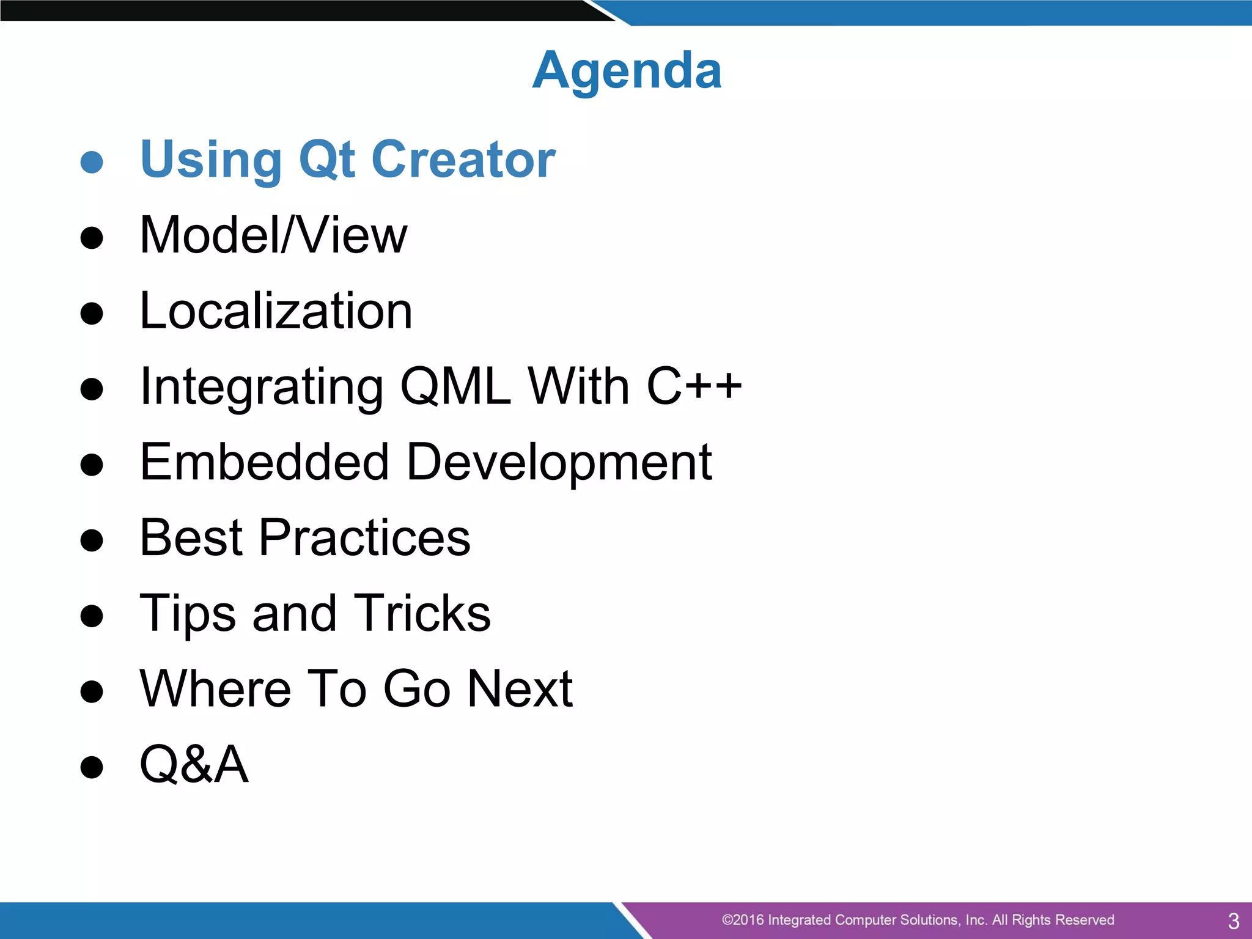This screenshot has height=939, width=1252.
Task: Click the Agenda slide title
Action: [x=627, y=71]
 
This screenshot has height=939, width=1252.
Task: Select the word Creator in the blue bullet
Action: [x=463, y=160]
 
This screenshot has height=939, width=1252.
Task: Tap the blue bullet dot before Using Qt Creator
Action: [x=92, y=162]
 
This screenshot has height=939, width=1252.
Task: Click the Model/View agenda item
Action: [x=273, y=235]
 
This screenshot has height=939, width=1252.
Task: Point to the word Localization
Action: [x=276, y=311]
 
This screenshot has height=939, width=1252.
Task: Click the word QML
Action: [x=455, y=386]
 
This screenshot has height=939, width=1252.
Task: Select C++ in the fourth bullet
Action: [x=694, y=386]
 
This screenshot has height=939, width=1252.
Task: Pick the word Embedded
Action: [x=264, y=462]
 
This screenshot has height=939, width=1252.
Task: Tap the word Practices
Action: [x=364, y=537]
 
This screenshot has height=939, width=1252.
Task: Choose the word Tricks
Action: [x=422, y=613]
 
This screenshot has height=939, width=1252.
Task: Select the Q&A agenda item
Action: [x=194, y=764]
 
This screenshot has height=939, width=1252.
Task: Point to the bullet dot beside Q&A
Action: [x=92, y=767]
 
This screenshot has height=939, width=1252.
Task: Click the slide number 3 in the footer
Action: [x=1233, y=921]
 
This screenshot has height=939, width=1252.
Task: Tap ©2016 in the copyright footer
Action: [x=742, y=920]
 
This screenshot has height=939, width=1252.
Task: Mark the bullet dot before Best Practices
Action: [x=92, y=540]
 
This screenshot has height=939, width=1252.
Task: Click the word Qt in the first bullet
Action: [x=326, y=160]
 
